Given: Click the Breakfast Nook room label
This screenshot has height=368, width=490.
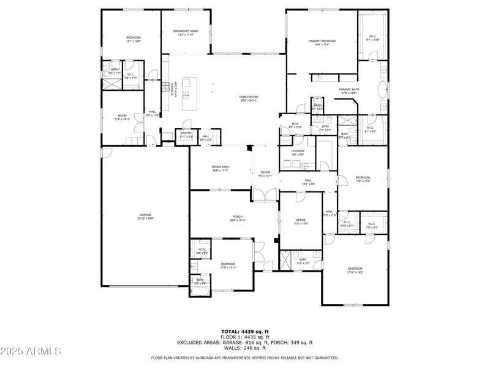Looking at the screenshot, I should click(185, 31).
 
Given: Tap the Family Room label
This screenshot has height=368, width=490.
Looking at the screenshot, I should click(248, 98).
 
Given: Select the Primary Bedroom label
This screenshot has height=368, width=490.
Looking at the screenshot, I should click(322, 41).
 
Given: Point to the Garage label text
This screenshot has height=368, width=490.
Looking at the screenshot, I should click(145, 215).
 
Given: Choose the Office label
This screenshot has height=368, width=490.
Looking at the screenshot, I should click(300, 220).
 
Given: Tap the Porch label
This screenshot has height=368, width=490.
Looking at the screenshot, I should click(238, 217).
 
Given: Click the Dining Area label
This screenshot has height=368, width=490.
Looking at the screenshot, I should click(220, 167).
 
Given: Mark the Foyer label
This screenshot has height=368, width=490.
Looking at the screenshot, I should click(265, 172).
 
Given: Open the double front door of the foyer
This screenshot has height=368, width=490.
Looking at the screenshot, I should click(265, 195).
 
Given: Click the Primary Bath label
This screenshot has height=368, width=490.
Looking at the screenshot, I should click(349, 90).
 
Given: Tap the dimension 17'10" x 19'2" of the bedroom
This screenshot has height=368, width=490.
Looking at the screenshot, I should click(372, 272).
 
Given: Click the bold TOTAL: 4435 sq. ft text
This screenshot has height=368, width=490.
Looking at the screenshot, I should click(245, 331).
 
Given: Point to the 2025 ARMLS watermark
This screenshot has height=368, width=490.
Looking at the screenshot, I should click(31, 351).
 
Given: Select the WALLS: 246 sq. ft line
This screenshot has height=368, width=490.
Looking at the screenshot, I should click(245, 348).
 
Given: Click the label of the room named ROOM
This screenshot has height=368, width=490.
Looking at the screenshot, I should click(123, 115).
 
